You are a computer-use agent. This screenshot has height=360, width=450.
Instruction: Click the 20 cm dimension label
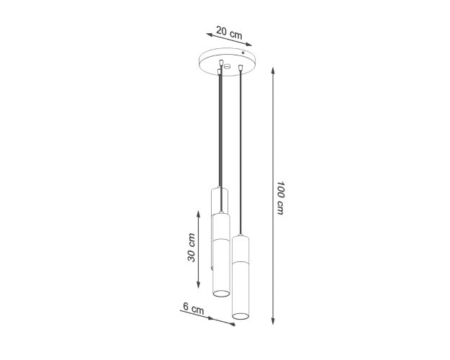[229, 32]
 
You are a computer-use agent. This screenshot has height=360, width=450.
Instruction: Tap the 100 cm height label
[280, 198]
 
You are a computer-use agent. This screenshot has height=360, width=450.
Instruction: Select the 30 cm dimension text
[192, 248]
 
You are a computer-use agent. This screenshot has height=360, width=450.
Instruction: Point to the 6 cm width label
[194, 308]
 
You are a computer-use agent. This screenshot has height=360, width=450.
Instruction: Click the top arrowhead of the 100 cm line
[273, 71]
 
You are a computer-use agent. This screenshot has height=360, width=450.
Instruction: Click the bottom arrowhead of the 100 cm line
[273, 321]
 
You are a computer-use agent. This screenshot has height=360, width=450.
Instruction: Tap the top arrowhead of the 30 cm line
[198, 214]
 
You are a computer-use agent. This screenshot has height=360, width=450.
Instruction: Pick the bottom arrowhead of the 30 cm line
[198, 285]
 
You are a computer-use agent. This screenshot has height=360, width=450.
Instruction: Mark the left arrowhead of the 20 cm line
[210, 35]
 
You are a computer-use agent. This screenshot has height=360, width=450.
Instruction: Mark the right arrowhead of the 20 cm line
[248, 45]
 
